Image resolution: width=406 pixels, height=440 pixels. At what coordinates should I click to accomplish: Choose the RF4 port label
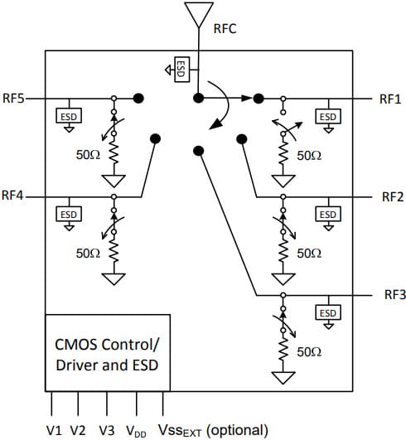click(x=13, y=197)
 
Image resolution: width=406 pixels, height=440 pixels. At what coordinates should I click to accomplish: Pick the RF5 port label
click(x=14, y=99)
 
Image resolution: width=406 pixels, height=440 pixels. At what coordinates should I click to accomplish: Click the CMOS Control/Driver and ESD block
click(x=108, y=352)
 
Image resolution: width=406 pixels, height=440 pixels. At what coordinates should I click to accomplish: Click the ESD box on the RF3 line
click(x=328, y=312)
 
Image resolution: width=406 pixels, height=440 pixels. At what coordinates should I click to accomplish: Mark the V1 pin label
click(x=55, y=430)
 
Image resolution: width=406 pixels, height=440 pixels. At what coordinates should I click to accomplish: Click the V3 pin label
click(x=107, y=430)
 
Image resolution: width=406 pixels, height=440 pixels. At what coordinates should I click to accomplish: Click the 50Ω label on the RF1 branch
click(x=308, y=156)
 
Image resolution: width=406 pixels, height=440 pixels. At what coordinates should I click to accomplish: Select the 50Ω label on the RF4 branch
click(x=88, y=254)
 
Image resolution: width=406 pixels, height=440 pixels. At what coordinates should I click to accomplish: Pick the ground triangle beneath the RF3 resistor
click(x=283, y=378)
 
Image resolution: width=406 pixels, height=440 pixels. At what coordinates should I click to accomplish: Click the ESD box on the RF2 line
click(x=328, y=214)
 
